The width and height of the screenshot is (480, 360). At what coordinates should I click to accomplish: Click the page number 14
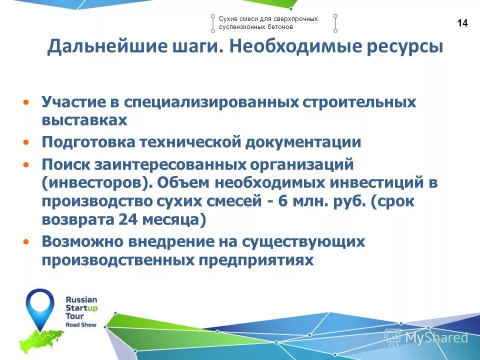(462, 23)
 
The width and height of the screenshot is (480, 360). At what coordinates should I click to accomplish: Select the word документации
(303, 142)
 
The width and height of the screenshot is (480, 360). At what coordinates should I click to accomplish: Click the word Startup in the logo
(81, 308)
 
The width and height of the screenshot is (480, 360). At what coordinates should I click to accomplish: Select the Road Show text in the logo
(81, 324)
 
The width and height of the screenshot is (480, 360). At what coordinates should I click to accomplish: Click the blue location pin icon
(40, 305)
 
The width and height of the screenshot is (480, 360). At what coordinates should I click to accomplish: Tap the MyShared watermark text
(436, 338)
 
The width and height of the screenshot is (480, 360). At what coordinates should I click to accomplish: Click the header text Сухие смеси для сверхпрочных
(268, 18)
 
